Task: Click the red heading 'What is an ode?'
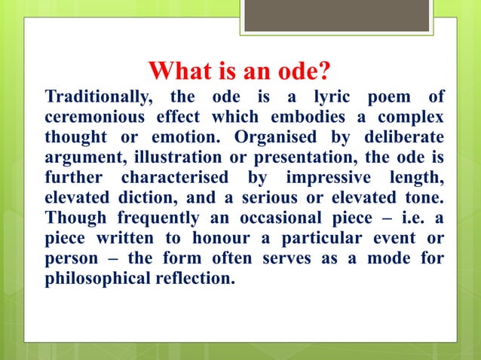(240, 72)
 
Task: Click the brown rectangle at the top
(336, 15)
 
